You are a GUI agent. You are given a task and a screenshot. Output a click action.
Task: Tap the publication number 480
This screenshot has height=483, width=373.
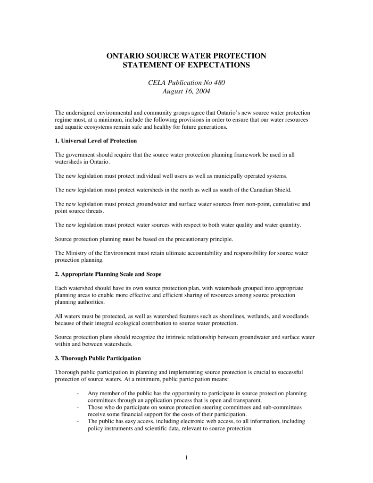coord(219,83)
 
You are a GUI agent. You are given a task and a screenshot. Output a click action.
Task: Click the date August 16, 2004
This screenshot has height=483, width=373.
coord(186,91)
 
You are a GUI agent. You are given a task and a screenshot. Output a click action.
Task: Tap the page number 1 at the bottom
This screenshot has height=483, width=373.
coord(186,457)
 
